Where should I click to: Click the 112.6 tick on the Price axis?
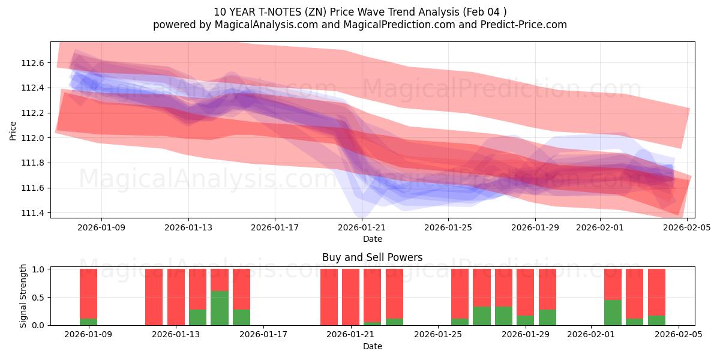[32, 63]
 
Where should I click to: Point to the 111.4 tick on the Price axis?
[32, 213]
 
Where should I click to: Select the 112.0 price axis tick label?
[32, 138]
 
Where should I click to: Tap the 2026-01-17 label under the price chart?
[275, 227]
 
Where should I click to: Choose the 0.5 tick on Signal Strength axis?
[37, 298]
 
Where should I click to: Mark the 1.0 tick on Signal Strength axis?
[37, 269]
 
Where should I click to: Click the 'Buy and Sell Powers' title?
[372, 257]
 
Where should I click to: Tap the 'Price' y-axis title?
[13, 130]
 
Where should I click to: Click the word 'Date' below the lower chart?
[372, 346]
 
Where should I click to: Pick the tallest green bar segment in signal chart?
[220, 308]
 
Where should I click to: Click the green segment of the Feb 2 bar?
[613, 313]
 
